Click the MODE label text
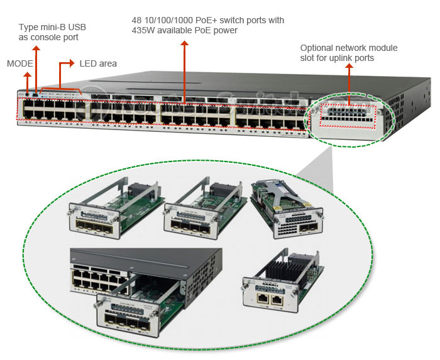[x=19, y=63]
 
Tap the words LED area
[x=98, y=63]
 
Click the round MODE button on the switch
[x=27, y=94]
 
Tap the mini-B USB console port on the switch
[x=36, y=94]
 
